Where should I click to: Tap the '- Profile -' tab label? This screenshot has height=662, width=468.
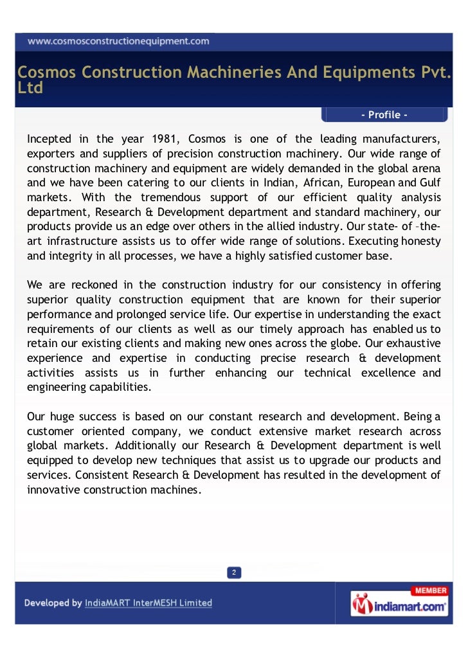(384, 115)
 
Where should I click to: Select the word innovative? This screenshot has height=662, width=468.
(51, 490)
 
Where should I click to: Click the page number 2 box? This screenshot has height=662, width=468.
(235, 573)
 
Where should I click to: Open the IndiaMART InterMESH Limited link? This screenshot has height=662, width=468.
(148, 604)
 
